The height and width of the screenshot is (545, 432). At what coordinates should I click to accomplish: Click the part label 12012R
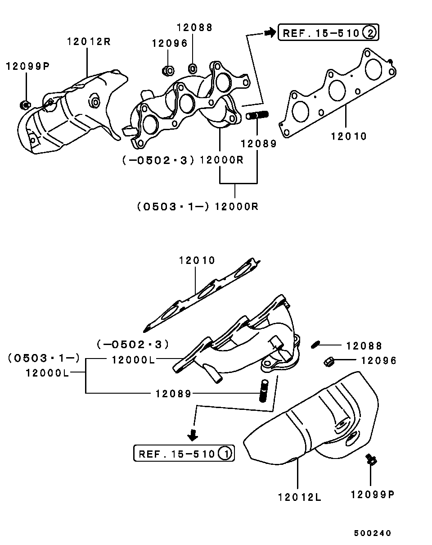tap(89, 42)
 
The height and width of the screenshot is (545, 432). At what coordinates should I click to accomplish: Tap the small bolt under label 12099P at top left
tap(25, 105)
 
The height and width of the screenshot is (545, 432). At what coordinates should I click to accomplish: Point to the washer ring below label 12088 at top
tap(192, 68)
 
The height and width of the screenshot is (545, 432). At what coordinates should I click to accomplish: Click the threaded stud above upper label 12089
tap(257, 116)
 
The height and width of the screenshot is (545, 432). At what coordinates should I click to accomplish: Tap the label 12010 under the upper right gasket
tap(349, 136)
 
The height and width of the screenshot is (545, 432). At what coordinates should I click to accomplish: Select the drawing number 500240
tap(372, 533)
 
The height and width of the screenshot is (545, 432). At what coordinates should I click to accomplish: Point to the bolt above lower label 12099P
tap(371, 460)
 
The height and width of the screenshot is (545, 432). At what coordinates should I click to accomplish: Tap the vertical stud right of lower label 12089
tap(263, 391)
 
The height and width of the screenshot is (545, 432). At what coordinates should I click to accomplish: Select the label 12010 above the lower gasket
tap(197, 260)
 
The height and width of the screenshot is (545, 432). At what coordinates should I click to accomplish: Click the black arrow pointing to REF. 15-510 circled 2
tap(269, 32)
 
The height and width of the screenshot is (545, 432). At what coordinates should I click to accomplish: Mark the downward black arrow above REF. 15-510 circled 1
tap(193, 435)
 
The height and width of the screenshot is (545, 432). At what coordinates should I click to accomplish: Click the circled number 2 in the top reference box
tap(370, 32)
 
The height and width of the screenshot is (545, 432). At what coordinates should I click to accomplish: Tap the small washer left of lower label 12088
tap(315, 345)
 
